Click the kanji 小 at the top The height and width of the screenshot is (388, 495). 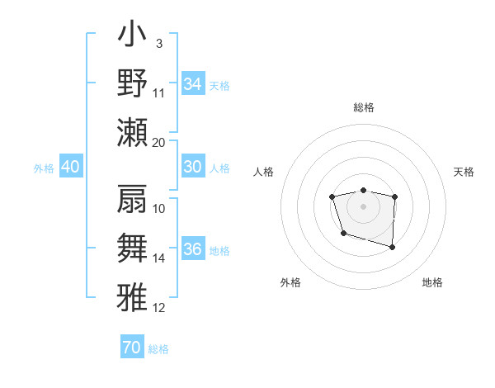133,37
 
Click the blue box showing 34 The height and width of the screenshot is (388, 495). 192,83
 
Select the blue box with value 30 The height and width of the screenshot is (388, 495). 192,167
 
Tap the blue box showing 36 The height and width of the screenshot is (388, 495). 192,249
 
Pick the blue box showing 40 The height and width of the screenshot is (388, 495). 70,167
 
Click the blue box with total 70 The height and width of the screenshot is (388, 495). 131,348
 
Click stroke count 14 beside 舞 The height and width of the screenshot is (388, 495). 159,258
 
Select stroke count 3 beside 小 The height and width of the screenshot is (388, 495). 159,43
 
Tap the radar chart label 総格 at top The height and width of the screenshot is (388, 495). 363,107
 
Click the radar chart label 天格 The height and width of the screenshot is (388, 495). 464,172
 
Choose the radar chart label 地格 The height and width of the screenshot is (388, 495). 432,282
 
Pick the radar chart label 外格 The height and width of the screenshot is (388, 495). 290,282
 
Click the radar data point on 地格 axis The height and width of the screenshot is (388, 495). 392,247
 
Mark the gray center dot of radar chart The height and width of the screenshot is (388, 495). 363,205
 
